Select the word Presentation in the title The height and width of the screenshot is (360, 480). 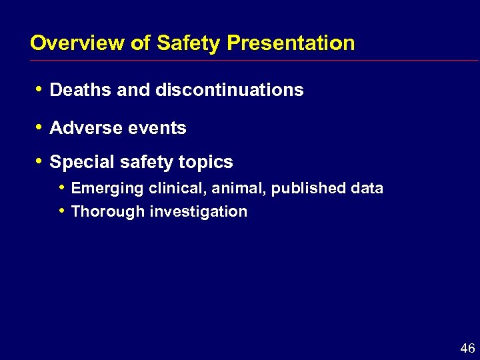pos(291,43)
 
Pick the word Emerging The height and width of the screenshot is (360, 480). pos(107,189)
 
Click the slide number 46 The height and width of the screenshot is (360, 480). pos(467,348)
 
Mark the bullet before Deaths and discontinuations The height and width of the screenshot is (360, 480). pos(40,89)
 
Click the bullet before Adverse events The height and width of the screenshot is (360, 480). pos(40,127)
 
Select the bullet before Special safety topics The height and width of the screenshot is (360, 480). pos(40,161)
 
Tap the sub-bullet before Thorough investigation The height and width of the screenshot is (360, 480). pos(61,211)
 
